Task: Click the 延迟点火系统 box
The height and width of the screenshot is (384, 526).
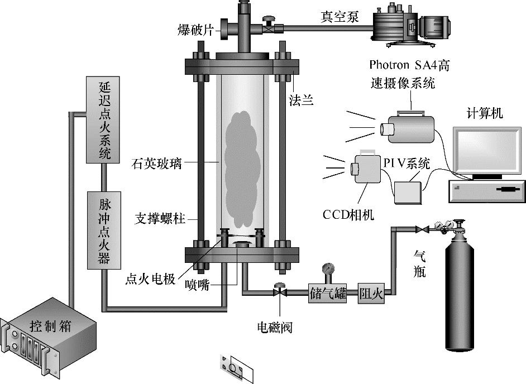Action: point(102,119)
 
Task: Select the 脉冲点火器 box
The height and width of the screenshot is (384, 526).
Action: point(102,229)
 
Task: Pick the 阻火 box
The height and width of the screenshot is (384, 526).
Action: point(371,294)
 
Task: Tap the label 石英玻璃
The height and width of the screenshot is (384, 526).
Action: point(156,164)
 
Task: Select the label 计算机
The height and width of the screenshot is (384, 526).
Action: point(485,113)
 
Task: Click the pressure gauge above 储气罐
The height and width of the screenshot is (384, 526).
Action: point(328,269)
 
